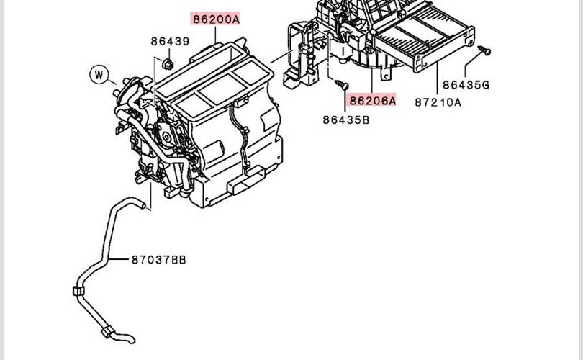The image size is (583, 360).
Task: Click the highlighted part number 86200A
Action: pyautogui.click(x=216, y=19)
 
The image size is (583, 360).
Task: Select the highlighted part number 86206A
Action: pyautogui.click(x=372, y=100)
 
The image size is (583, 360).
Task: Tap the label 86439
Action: pyautogui.click(x=171, y=41)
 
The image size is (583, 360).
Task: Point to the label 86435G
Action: pyautogui.click(x=466, y=85)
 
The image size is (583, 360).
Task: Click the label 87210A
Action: pyautogui.click(x=438, y=102)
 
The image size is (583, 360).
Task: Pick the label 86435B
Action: pyautogui.click(x=346, y=120)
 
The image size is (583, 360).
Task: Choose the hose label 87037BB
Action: pyautogui.click(x=159, y=260)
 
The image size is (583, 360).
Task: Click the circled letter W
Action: pyautogui.click(x=99, y=74)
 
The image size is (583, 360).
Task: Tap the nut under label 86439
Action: pyautogui.click(x=168, y=64)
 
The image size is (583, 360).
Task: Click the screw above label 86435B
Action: pyautogui.click(x=342, y=85)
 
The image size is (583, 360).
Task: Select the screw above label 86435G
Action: pyautogui.click(x=484, y=50)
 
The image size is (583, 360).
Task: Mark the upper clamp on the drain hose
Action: pyautogui.click(x=78, y=291)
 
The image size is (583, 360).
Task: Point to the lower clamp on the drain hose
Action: pyautogui.click(x=107, y=331)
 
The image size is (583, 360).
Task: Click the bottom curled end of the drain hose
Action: pyautogui.click(x=130, y=340)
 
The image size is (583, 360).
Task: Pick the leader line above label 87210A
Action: pyautogui.click(x=438, y=78)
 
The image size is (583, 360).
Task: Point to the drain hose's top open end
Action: pyautogui.click(x=142, y=205)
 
